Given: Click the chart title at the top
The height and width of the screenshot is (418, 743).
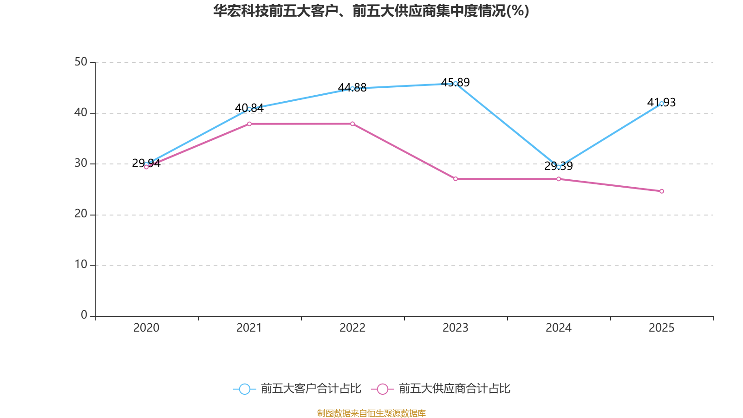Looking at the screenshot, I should click(371, 11).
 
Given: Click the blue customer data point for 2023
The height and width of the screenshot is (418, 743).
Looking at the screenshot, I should click(456, 84).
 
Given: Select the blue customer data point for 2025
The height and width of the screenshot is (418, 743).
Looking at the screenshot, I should click(662, 104).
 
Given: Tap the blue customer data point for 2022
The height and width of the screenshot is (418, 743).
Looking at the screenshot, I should click(352, 88).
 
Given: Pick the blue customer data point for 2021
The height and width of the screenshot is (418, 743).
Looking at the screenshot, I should click(249, 109).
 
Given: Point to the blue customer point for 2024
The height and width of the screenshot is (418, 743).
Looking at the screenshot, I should click(559, 166).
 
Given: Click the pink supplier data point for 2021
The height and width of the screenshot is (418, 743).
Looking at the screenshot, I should click(249, 124).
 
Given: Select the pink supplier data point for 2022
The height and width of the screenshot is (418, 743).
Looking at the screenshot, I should click(352, 124).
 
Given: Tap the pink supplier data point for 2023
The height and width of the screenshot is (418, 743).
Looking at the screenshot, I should click(456, 179).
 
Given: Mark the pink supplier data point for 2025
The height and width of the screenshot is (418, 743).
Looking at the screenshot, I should click(662, 191).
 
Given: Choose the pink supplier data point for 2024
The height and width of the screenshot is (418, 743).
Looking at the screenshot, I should click(559, 179).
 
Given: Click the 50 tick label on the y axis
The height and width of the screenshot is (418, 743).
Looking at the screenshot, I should click(81, 62).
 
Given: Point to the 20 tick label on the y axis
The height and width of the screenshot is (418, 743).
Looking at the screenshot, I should click(81, 214).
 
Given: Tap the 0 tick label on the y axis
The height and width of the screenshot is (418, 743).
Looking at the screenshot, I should click(84, 315).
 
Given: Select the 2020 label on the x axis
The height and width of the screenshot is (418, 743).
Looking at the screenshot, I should click(146, 328).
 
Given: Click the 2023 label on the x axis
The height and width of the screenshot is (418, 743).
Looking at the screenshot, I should click(456, 328).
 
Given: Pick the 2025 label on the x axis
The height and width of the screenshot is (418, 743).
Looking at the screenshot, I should click(662, 328).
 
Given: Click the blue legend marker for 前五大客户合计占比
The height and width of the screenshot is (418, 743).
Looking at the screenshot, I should click(245, 389).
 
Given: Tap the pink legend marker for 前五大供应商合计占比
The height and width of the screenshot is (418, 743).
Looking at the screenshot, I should click(383, 389).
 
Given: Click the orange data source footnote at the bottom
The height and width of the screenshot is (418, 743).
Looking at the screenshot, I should click(371, 413).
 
